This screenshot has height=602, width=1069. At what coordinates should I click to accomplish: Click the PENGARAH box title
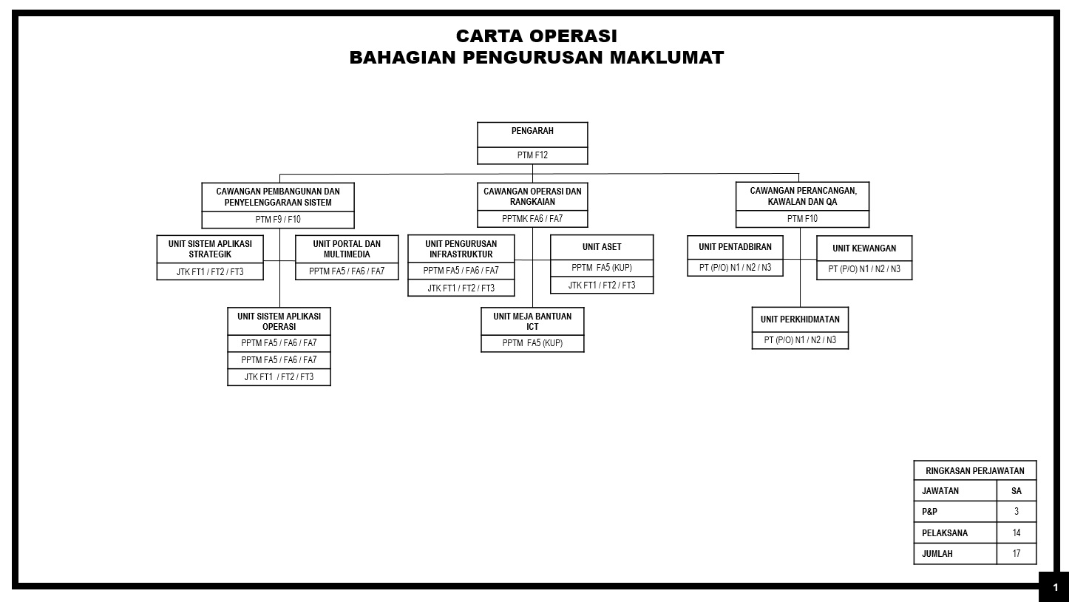[532, 131]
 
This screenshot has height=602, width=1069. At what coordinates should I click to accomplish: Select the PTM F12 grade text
[532, 155]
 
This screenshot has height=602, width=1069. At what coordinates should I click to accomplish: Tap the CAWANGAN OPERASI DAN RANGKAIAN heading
[532, 196]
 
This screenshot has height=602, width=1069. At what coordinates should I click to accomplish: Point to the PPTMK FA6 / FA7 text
[532, 219]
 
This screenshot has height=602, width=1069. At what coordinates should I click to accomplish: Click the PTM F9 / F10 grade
[278, 220]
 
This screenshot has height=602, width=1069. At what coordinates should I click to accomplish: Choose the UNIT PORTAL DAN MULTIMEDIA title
[347, 249]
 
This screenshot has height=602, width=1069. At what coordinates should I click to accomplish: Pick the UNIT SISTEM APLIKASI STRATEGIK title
[210, 249]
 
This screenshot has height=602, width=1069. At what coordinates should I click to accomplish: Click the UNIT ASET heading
[602, 247]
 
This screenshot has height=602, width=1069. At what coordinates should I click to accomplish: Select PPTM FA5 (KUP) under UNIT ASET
[602, 268]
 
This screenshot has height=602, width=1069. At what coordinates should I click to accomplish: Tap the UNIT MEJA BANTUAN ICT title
[532, 321]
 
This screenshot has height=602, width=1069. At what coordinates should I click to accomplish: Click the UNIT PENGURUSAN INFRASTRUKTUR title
[461, 249]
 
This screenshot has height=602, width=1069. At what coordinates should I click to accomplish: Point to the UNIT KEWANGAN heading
[864, 248]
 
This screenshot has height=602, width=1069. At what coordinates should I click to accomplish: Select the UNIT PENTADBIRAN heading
[735, 248]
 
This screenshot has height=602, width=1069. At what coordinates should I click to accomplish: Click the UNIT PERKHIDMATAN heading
[800, 319]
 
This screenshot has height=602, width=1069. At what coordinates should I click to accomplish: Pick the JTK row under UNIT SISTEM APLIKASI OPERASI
[279, 377]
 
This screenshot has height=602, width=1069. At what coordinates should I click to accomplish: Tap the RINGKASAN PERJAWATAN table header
[974, 470]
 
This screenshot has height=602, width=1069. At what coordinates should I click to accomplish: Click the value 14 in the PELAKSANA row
[1017, 532]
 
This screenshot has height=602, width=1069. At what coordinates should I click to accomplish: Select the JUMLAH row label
[937, 553]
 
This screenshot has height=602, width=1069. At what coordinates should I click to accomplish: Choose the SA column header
[1017, 490]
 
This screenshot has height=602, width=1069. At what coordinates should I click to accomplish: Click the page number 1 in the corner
[1055, 588]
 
